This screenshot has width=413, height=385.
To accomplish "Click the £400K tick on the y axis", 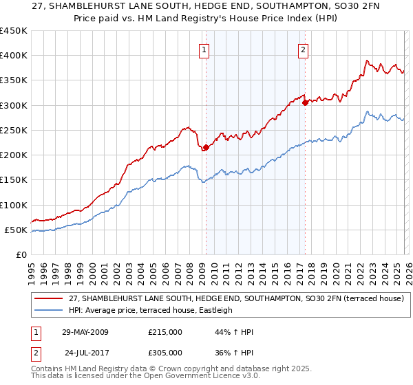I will coord(14,56).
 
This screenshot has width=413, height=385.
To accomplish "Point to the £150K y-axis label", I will coord(14,180).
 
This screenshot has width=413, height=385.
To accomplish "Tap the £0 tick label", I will coord(21,255).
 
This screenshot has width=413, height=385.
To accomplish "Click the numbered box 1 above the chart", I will coord(205,49).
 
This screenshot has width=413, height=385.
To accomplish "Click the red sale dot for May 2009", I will coord(206,147).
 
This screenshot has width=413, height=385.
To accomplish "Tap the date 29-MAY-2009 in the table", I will coord(85,332).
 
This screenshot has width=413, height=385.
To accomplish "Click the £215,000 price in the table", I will coord(165,332).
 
